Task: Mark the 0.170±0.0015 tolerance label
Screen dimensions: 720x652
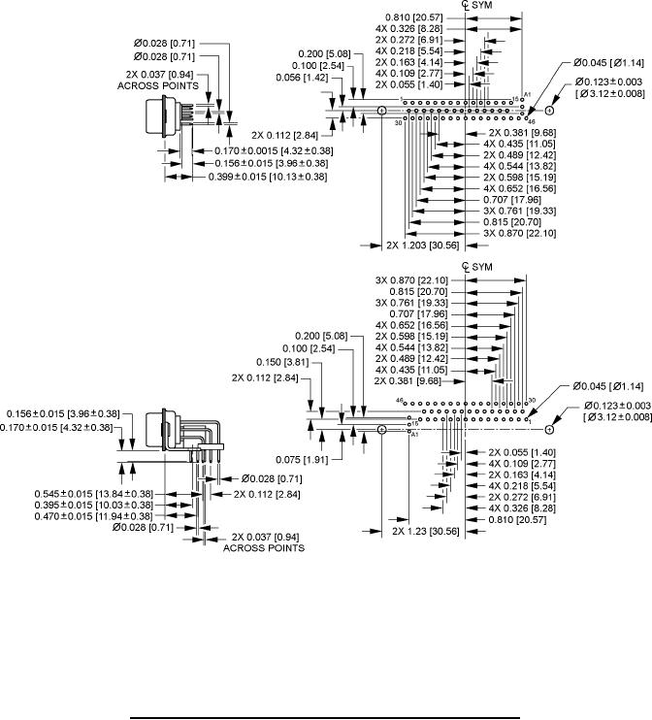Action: pos(272,150)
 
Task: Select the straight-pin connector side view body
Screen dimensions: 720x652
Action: pos(187,115)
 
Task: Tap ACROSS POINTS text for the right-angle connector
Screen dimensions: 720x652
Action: pos(263,548)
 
